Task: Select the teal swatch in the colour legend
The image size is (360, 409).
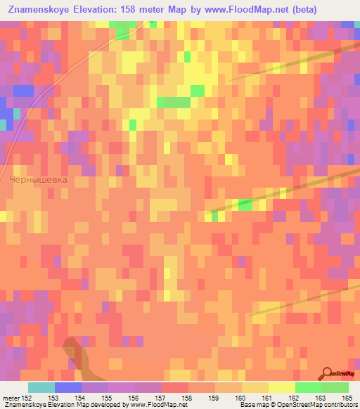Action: pyautogui.click(x=41, y=387)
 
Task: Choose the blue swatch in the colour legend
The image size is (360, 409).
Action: pyautogui.click(x=68, y=387)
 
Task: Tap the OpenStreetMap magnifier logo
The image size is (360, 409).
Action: pyautogui.click(x=328, y=372)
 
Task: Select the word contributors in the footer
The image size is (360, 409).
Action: pyautogui.click(x=340, y=405)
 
